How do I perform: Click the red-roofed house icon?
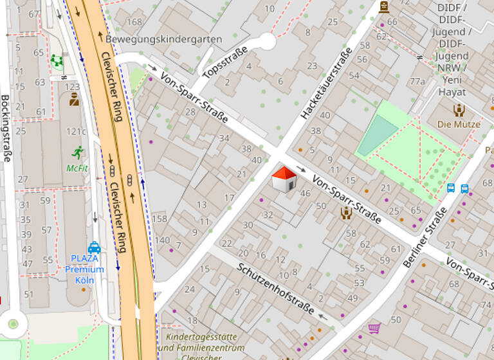[284, 179]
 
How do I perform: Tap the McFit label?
[77, 168]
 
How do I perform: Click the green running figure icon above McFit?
[78, 152]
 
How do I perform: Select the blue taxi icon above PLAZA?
[94, 247]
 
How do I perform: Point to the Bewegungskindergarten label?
[163, 39]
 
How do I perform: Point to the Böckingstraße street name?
[6, 129]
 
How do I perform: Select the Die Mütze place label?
[459, 124]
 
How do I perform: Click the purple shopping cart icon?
[374, 328]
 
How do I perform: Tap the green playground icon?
[57, 62]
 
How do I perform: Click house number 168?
[134, 22]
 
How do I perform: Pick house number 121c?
[76, 131]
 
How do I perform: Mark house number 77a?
[417, 81]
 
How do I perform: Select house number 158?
[159, 219]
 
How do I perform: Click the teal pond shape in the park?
[378, 136]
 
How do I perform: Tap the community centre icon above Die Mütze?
[459, 110]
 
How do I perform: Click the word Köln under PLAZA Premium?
[84, 280]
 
